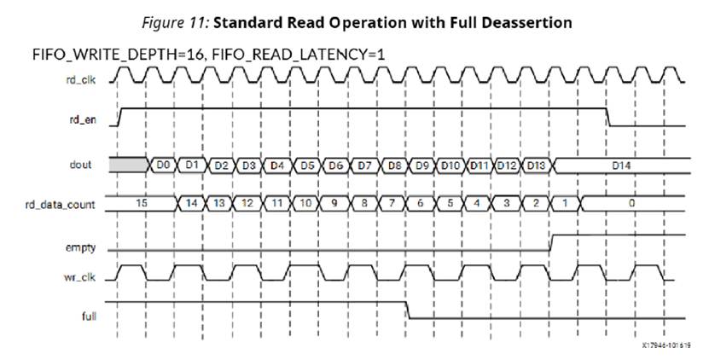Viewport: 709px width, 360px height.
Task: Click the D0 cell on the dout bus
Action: coord(165,164)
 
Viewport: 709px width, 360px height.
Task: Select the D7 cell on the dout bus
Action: coord(364,164)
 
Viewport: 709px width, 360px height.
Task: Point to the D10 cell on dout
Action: coord(452,164)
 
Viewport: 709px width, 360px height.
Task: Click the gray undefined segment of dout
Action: coord(129,164)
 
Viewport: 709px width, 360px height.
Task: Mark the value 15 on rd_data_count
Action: coord(142,204)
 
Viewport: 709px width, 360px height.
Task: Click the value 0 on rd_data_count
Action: coord(631,204)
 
